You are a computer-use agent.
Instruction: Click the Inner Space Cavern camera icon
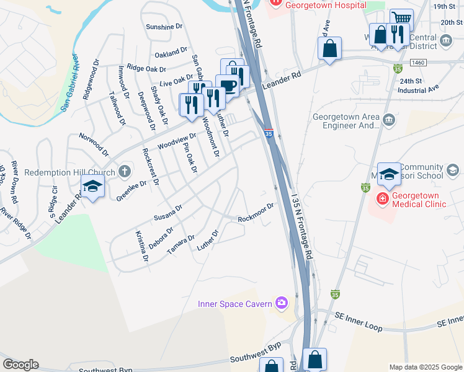(282, 303)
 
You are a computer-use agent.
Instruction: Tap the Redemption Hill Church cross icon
(124, 171)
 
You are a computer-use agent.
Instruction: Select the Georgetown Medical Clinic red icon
(382, 198)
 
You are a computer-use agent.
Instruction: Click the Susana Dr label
(168, 213)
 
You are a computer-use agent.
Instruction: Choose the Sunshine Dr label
(164, 27)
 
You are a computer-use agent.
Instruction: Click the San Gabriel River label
(70, 82)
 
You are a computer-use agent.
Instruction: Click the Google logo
(21, 365)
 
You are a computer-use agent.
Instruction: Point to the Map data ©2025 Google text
(424, 367)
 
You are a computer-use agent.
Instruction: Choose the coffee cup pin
(227, 85)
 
